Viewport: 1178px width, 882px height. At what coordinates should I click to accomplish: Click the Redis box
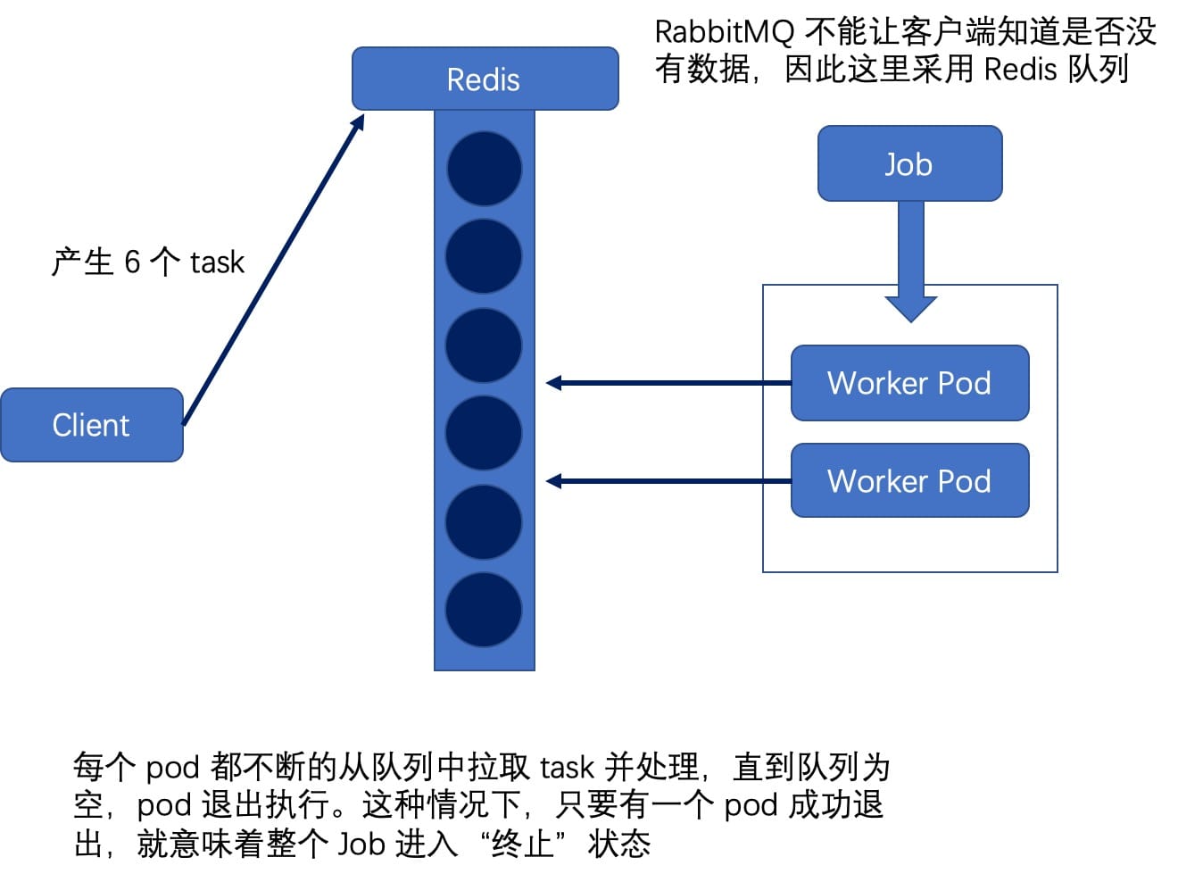click(485, 79)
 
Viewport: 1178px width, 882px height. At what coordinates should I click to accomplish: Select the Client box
click(91, 425)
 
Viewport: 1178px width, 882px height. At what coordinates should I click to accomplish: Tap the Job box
click(909, 163)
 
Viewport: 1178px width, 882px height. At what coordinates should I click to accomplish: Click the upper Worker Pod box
click(909, 383)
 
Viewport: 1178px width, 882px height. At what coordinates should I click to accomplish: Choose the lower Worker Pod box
click(909, 481)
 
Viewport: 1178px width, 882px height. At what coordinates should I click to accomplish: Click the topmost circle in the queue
click(484, 169)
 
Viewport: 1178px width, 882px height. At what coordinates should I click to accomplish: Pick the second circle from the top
click(484, 256)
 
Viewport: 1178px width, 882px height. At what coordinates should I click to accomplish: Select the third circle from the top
click(484, 345)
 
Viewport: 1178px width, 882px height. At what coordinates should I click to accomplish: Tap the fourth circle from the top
click(484, 434)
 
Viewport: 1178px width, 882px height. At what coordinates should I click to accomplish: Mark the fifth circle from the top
click(484, 522)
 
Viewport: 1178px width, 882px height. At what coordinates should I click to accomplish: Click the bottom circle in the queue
click(484, 611)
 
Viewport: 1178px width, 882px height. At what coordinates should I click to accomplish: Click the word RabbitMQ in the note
click(724, 32)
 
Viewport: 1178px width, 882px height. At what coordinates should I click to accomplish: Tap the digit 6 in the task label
click(132, 262)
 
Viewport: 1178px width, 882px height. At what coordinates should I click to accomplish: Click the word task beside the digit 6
click(217, 262)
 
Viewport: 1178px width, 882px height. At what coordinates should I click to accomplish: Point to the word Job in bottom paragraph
click(361, 844)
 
